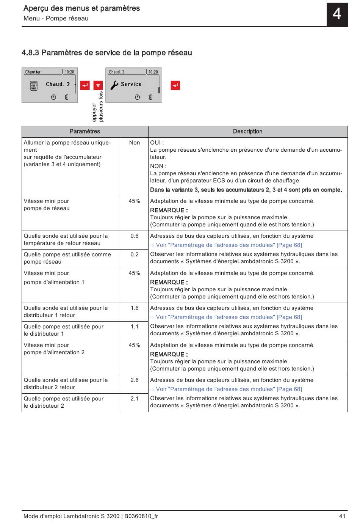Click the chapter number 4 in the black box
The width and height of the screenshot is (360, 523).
337,14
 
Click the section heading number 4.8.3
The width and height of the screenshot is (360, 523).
30,53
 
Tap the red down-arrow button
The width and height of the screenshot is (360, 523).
98,85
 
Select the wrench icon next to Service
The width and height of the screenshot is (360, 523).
114,85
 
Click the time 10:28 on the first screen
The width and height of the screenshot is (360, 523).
69,72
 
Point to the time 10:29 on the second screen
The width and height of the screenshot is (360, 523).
153,72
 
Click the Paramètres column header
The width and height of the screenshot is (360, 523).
85,132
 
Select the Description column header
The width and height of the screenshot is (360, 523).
247,132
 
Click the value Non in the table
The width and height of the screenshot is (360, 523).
135,143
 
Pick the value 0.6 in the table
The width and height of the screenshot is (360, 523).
135,236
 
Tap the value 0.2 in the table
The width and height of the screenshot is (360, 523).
135,254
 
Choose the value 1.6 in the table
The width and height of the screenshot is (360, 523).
135,308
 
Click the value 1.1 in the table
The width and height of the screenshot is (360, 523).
135,327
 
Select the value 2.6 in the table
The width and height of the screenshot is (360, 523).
135,380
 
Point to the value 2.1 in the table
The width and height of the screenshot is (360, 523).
135,399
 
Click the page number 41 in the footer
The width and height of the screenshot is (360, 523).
342,516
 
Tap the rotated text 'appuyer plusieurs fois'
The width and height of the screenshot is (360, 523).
98,107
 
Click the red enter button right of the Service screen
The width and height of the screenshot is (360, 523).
175,85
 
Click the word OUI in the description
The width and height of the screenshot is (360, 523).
155,143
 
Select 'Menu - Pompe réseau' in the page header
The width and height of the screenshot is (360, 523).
56,19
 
